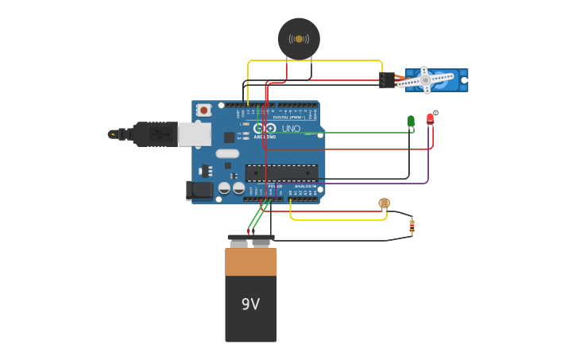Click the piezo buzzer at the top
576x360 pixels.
tap(299, 38)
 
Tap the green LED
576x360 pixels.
tap(411, 121)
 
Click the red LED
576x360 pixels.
tap(430, 118)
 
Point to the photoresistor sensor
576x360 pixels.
tap(385, 203)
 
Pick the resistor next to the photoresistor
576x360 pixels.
tap(412, 226)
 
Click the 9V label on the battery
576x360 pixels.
tap(250, 304)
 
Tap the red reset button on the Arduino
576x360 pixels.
tap(204, 110)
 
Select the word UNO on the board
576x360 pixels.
tap(291, 129)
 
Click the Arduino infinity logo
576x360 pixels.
tap(268, 128)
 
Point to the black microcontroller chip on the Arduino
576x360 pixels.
tap(282, 172)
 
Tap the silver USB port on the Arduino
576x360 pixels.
tap(195, 134)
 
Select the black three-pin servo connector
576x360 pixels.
tap(387, 79)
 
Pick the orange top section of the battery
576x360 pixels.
tap(251, 261)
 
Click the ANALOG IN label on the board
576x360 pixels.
tap(305, 186)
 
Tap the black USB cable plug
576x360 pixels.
tap(155, 134)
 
